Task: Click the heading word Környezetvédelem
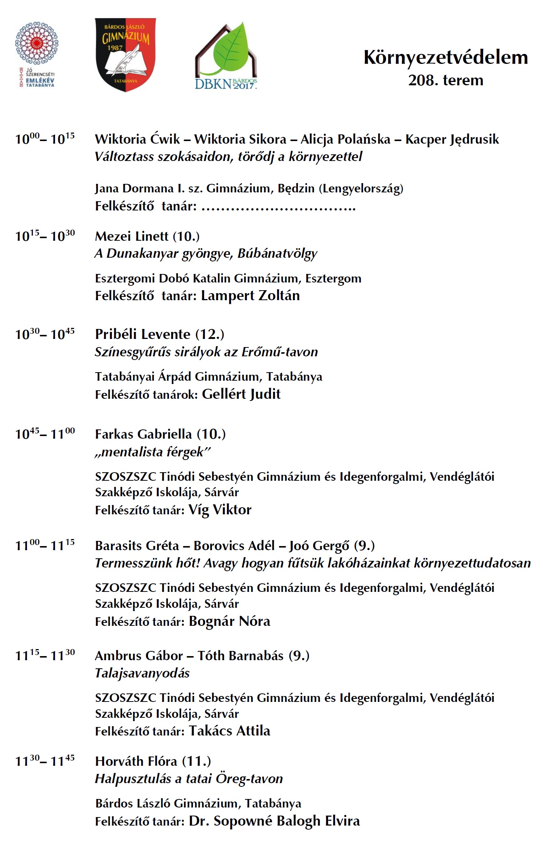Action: (x=445, y=58)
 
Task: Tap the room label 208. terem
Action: (x=445, y=80)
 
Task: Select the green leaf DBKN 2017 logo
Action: (x=226, y=55)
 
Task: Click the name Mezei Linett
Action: (x=131, y=236)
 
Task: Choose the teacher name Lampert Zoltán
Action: (x=250, y=296)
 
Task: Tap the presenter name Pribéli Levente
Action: (x=142, y=335)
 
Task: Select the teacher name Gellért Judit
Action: (x=241, y=394)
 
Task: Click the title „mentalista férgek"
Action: (x=152, y=452)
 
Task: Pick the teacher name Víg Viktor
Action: (x=220, y=510)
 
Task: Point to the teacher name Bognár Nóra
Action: (x=230, y=621)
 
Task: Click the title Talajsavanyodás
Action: (x=142, y=673)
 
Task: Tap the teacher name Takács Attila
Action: (x=230, y=731)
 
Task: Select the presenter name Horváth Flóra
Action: (x=136, y=761)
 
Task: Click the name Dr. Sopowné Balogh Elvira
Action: (x=274, y=821)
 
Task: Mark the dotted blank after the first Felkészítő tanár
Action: (x=279, y=207)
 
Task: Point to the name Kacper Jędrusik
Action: (x=452, y=140)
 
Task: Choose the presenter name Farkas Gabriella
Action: (x=143, y=434)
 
